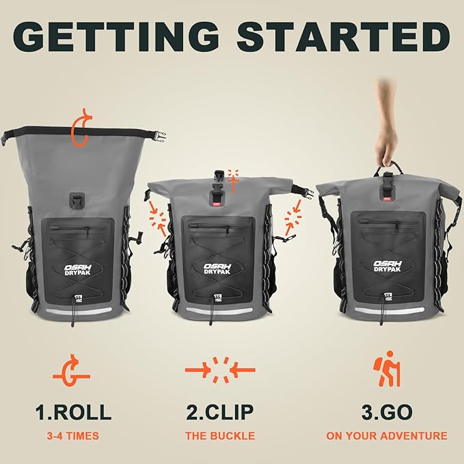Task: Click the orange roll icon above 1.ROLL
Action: click(x=72, y=372)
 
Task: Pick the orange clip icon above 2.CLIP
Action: click(x=219, y=370)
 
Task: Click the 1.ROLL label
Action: click(x=73, y=413)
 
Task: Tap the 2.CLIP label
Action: click(x=220, y=413)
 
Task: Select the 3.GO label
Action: click(x=387, y=413)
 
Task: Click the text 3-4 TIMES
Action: click(x=73, y=435)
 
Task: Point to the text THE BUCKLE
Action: click(x=220, y=435)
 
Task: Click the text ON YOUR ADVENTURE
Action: click(x=387, y=435)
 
